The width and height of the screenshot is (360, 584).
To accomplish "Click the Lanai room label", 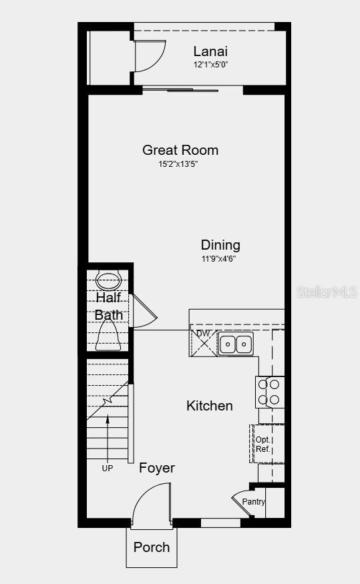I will tap(210, 51).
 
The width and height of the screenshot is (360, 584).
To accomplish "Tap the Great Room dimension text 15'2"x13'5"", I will tap(180, 164).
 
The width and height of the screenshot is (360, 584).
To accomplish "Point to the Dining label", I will tap(220, 246).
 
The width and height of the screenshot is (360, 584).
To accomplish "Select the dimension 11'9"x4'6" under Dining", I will tap(219, 259).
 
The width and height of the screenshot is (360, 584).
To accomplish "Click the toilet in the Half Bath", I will tap(108, 280).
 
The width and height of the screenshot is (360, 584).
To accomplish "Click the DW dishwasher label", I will tap(203, 334).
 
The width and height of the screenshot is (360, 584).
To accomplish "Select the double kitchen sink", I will tap(236, 344).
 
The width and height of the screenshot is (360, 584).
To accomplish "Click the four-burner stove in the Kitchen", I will tap(270, 392).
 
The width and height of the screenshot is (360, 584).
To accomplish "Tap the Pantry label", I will tap(254, 502).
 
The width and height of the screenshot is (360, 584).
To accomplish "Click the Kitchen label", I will tap(210, 406).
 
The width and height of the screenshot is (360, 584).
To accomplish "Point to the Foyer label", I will tap(157, 469).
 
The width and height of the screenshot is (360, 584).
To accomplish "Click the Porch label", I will tap(152, 547).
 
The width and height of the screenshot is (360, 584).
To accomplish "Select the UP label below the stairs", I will tap(107, 469).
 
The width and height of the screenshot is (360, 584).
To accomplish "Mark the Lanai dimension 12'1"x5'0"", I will tap(210, 65).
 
